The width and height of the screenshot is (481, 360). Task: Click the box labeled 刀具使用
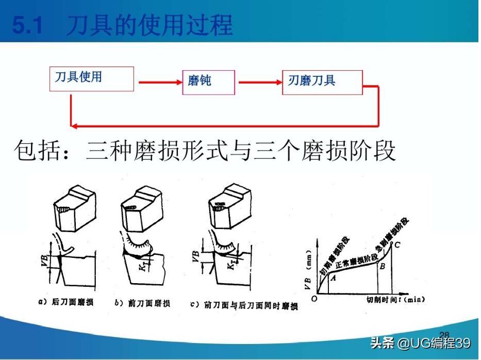pyautogui.click(x=91, y=79)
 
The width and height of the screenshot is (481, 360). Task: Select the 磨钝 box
pyautogui.click(x=208, y=82)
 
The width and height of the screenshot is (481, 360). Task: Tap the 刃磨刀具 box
pyautogui.click(x=322, y=82)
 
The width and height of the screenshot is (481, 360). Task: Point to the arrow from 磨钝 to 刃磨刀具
pyautogui.click(x=258, y=82)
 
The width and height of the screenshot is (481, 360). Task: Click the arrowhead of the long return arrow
pyautogui.click(x=74, y=125)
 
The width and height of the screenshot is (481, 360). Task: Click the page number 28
pyautogui.click(x=444, y=335)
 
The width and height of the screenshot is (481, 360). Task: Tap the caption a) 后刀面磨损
pyautogui.click(x=66, y=303)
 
